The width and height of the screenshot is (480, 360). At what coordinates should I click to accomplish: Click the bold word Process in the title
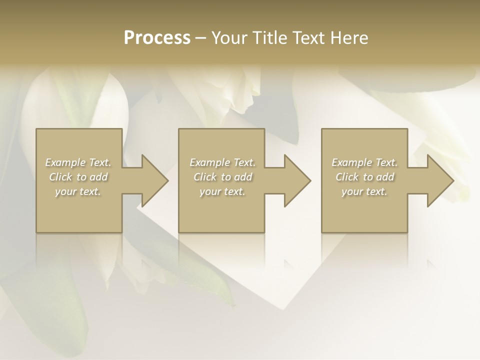pos(157,38)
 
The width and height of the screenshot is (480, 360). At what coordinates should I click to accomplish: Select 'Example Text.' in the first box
pos(78,162)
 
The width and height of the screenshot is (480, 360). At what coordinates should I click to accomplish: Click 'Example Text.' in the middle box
pos(222,162)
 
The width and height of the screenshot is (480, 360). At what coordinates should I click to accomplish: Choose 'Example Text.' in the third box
pos(364,162)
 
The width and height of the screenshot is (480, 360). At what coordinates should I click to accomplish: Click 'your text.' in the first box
pos(78,191)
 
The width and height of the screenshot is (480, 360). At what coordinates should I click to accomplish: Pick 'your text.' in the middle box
pos(222,191)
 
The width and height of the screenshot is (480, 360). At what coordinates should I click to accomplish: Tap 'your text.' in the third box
pos(364,191)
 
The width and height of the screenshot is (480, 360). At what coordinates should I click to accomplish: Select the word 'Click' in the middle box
pos(205,177)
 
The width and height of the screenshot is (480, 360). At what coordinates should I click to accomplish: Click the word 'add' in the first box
pos(98,177)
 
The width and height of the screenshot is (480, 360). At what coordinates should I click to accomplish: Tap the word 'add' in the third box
pos(385,177)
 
